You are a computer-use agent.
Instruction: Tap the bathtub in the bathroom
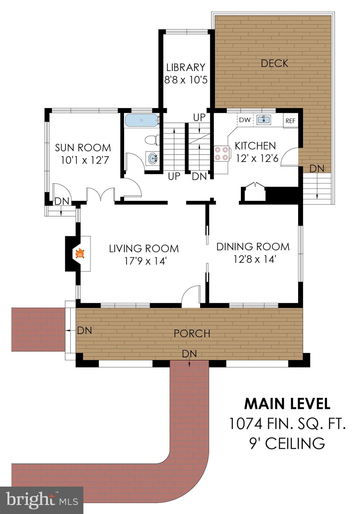[x=142, y=120]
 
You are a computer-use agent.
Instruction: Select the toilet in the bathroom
[x=152, y=140]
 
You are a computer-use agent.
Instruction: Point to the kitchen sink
[x=263, y=120]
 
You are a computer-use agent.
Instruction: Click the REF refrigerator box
[x=290, y=120]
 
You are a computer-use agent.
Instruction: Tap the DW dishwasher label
[x=245, y=120]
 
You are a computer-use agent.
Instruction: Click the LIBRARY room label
[x=186, y=67]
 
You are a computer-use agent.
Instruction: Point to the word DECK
[x=274, y=63]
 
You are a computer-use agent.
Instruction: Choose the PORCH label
[x=192, y=333]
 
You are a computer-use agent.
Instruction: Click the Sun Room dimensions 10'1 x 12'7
[x=85, y=160]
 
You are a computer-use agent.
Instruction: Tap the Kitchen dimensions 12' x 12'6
[x=257, y=158]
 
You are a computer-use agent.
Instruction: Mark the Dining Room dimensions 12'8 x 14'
[x=254, y=259]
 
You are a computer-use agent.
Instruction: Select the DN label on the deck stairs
[x=317, y=169]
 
